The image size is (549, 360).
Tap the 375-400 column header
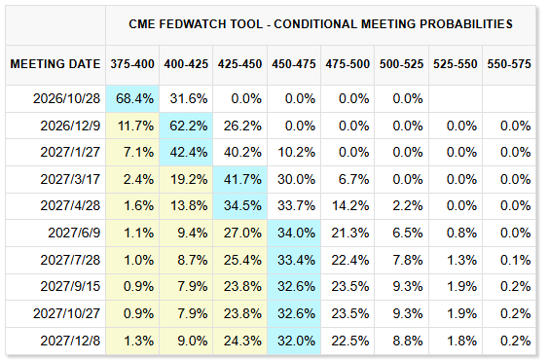pyautogui.click(x=132, y=64)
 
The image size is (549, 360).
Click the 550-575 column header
pyautogui.click(x=509, y=64)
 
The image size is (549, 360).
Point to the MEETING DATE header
pyautogui.click(x=55, y=64)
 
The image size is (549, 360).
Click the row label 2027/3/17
pyautogui.click(x=70, y=179)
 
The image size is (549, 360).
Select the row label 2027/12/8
pyautogui.click(x=70, y=341)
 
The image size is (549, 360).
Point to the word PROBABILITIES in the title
pyautogui.click(x=466, y=24)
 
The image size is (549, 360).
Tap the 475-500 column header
pyautogui.click(x=348, y=64)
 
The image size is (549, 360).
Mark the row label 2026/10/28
pyautogui.click(x=66, y=98)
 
